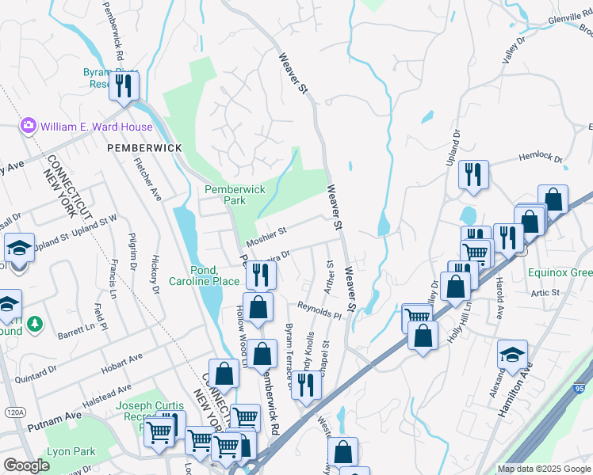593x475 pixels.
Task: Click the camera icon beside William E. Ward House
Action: point(29,126)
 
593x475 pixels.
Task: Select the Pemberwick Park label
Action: point(235,196)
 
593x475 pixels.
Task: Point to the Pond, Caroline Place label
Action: point(204,275)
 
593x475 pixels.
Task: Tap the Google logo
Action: point(26,465)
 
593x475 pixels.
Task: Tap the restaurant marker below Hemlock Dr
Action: point(473,175)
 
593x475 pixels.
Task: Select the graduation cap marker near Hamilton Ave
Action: point(512,355)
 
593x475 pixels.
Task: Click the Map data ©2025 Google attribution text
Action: point(544,469)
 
